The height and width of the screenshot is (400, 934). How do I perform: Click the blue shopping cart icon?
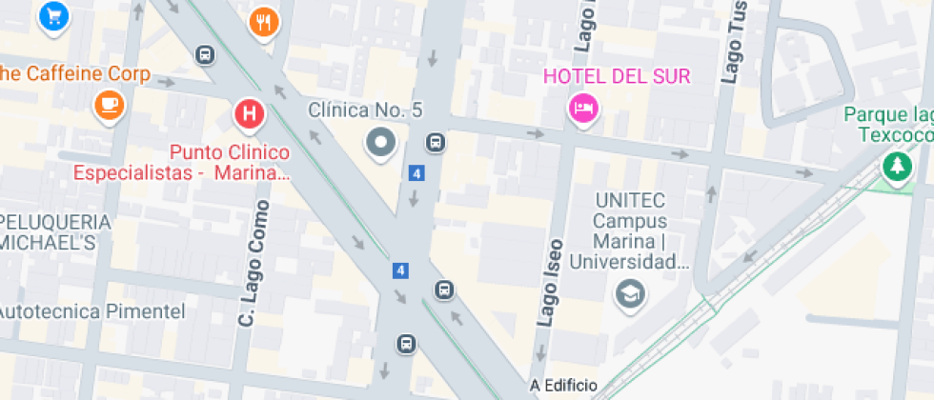click(52, 15)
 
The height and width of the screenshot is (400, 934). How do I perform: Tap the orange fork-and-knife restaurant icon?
click(264, 22)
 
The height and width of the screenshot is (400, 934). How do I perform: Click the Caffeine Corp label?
click(73, 73)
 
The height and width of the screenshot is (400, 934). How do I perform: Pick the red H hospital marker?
click(250, 115)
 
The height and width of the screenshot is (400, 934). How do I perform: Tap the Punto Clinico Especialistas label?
click(229, 162)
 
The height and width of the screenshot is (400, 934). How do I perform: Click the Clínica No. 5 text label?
click(364, 110)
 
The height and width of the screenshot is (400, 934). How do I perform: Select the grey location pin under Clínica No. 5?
click(382, 144)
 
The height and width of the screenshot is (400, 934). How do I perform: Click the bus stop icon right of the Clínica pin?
click(435, 143)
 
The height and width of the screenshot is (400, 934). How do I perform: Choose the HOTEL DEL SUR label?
click(616, 77)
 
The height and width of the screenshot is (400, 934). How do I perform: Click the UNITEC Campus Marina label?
click(629, 230)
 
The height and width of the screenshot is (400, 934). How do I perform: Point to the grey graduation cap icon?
click(630, 293)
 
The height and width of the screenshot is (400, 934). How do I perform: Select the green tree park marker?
click(896, 168)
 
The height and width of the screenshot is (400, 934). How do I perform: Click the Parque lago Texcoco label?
click(886, 125)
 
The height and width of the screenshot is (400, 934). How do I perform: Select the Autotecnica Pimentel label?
click(91, 311)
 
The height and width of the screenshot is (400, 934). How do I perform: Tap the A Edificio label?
click(563, 386)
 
